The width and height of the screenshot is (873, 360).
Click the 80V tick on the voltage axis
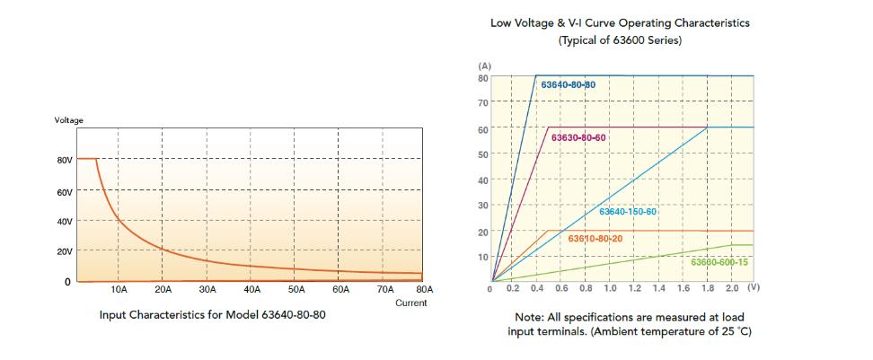[x=64, y=160]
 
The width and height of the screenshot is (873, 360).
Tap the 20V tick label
[x=64, y=251]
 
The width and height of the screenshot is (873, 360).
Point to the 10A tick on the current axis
[x=119, y=290]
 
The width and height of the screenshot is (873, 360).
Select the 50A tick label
[x=296, y=290]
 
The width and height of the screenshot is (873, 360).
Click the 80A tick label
[x=425, y=290]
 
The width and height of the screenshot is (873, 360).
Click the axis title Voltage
[x=69, y=120]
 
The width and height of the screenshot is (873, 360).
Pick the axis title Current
[x=411, y=303]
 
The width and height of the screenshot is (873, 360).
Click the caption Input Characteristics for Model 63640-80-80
[x=212, y=316]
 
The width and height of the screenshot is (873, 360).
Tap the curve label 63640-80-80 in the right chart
[x=569, y=84]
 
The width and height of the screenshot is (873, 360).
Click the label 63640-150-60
[x=628, y=212]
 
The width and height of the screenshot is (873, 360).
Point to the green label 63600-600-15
[x=719, y=262]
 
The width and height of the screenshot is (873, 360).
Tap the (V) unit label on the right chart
[x=753, y=289]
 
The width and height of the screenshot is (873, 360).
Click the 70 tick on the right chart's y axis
[x=482, y=103]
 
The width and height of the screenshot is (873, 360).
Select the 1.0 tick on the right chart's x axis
[x=610, y=290]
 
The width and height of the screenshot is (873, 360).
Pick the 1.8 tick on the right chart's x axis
[x=707, y=290]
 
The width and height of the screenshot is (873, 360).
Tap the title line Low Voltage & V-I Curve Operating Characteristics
[x=620, y=23]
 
